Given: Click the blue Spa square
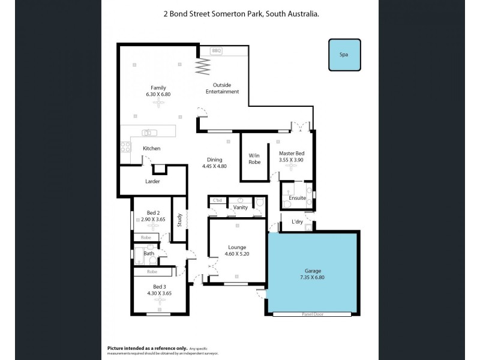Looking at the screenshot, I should click(x=344, y=55).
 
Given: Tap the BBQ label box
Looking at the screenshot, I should click(x=217, y=51).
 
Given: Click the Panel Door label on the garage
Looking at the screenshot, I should click(x=312, y=313).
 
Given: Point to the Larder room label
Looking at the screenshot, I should click(x=152, y=181).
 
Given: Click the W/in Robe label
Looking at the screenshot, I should click(x=254, y=158).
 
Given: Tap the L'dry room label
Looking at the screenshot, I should click(x=297, y=222).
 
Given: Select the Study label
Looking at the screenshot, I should click(x=179, y=220).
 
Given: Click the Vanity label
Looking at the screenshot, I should click(x=241, y=207).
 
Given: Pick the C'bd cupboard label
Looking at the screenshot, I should click(x=217, y=200).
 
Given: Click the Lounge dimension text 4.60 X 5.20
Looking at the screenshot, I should click(x=236, y=254).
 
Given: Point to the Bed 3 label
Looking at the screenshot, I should click(x=159, y=286).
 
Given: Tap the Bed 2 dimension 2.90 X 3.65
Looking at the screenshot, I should click(x=152, y=220).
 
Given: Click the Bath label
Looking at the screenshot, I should click(x=148, y=254).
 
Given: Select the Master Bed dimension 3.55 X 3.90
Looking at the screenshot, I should click(x=292, y=160).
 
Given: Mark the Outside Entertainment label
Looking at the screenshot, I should click(x=222, y=88).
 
